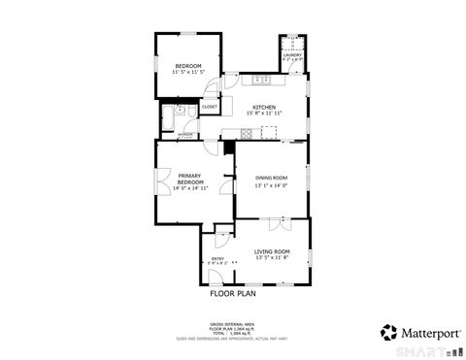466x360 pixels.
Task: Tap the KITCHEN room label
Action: coord(264,107)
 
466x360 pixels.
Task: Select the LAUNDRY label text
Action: coord(291,55)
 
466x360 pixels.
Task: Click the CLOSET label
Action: coord(210,107)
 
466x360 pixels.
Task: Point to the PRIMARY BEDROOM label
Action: coord(190,179)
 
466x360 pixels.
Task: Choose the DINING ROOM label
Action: coord(272,178)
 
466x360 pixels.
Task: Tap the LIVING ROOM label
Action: coord(272,251)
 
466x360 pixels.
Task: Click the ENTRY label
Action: coord(217,259)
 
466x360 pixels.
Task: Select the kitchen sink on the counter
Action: coord(261,79)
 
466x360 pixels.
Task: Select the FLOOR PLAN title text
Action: coord(233,291)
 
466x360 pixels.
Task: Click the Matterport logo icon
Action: coord(386,332)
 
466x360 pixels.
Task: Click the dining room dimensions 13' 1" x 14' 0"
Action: coord(272,185)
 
